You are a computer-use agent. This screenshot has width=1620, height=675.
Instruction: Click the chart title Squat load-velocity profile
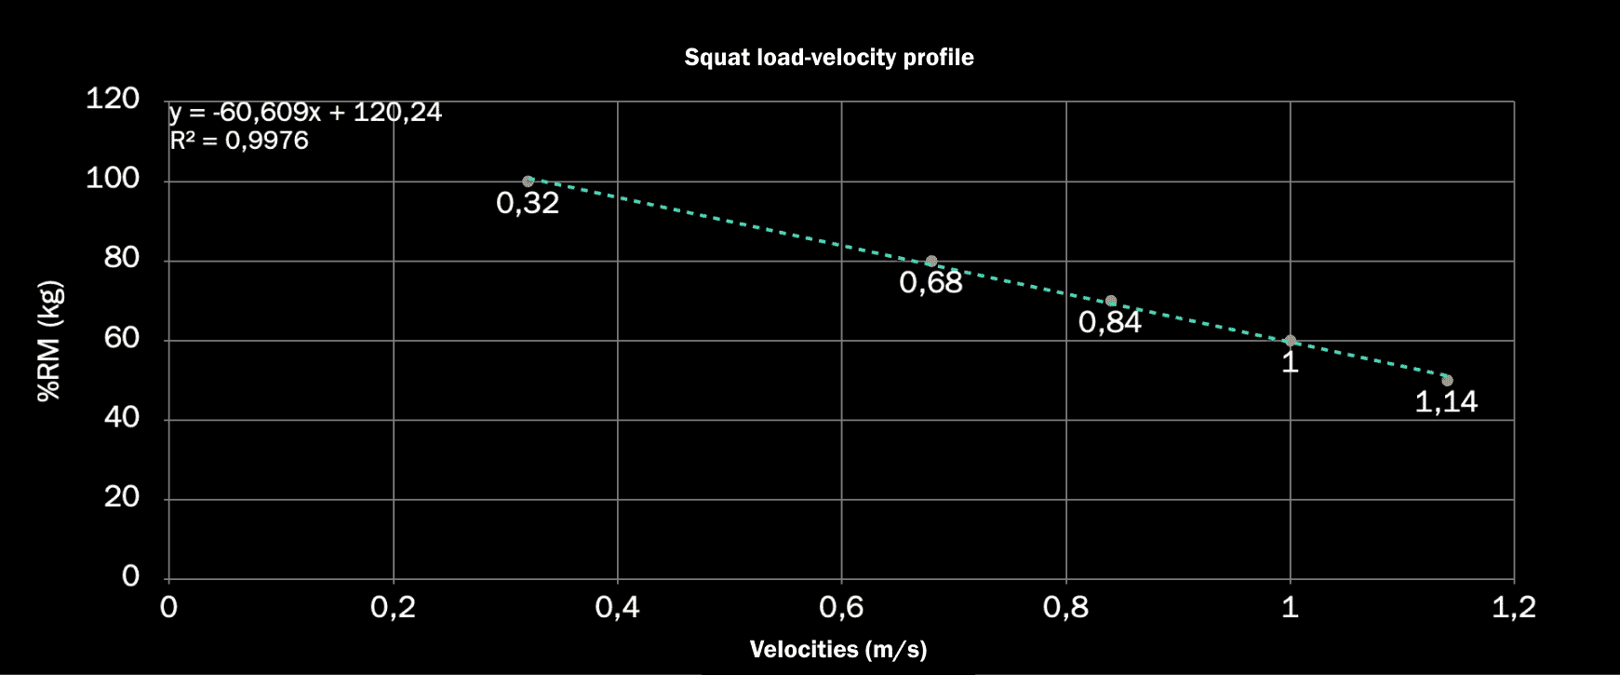tap(828, 58)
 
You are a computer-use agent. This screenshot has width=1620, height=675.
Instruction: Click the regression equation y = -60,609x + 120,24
tap(305, 113)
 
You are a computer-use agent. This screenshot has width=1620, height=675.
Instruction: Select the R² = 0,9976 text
tap(239, 141)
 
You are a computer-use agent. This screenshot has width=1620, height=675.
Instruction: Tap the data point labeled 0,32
tap(529, 182)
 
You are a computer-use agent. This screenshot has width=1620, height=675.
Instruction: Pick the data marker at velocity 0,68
tap(931, 262)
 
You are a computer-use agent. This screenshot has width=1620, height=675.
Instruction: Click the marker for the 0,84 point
tap(1111, 301)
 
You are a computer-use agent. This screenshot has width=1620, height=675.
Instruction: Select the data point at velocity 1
tap(1290, 341)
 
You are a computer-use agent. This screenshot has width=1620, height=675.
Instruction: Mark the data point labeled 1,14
tap(1447, 380)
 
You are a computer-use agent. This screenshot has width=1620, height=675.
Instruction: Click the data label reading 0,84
tap(1110, 322)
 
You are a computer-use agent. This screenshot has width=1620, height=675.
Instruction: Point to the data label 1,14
tap(1446, 402)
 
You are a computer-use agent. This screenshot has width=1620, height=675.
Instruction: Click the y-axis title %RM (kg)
tap(49, 341)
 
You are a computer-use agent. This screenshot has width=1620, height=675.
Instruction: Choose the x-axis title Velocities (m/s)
tap(838, 649)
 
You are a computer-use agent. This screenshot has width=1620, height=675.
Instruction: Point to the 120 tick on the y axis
tap(113, 98)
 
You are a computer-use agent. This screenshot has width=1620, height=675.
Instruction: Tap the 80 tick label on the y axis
tap(122, 258)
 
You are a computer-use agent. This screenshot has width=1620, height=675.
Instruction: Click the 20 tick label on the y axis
tap(122, 497)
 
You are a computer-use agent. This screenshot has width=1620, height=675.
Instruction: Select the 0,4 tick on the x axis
tap(617, 608)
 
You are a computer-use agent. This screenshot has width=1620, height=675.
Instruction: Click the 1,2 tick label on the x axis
tap(1514, 608)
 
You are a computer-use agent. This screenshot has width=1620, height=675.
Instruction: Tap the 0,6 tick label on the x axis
tap(841, 608)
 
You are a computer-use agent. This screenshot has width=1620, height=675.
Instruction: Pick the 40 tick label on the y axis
tap(122, 417)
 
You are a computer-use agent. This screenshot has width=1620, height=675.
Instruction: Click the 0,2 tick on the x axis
tap(393, 608)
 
